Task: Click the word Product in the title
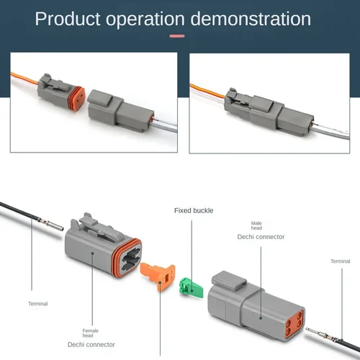point(68,18)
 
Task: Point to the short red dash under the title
point(176,35)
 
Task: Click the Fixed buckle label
point(194,211)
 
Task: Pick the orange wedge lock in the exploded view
point(158,278)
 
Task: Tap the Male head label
point(256,227)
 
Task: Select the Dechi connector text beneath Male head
point(261,237)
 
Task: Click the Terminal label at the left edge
point(37,303)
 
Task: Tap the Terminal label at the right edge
point(340,261)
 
